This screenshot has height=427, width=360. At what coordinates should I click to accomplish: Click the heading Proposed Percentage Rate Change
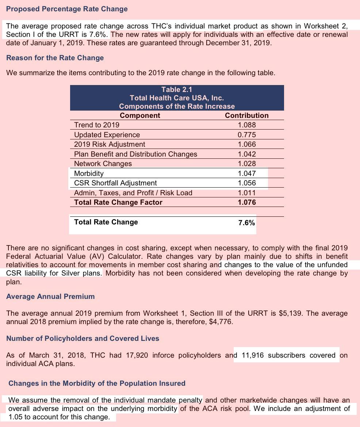[x=67, y=9]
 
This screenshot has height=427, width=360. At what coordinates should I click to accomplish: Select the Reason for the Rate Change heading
[x=55, y=58]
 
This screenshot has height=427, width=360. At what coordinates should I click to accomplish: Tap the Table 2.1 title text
[x=177, y=90]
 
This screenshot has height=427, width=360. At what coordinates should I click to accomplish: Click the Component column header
[x=140, y=116]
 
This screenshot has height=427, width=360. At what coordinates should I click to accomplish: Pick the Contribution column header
[x=246, y=116]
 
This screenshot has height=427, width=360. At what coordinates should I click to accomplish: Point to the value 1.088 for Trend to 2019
[x=246, y=125]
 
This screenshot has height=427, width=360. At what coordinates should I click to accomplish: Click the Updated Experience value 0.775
[x=246, y=135]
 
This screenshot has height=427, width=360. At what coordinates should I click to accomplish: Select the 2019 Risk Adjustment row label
[x=110, y=145]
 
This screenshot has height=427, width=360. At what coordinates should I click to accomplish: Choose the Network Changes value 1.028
[x=246, y=164]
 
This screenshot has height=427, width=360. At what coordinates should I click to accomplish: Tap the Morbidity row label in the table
[x=89, y=174]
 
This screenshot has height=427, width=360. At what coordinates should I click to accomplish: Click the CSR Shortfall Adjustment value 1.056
[x=246, y=183]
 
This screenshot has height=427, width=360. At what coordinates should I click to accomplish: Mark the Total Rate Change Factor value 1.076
[x=246, y=203]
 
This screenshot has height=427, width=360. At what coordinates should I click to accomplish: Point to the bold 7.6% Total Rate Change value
[x=246, y=223]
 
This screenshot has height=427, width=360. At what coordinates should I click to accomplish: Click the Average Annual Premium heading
[x=50, y=297]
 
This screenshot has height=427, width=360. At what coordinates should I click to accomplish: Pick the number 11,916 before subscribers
[x=253, y=355]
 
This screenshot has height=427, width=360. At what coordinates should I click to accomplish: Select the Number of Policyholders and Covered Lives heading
[x=83, y=339]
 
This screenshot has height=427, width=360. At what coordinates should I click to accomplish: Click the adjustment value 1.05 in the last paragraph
[x=15, y=417]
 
